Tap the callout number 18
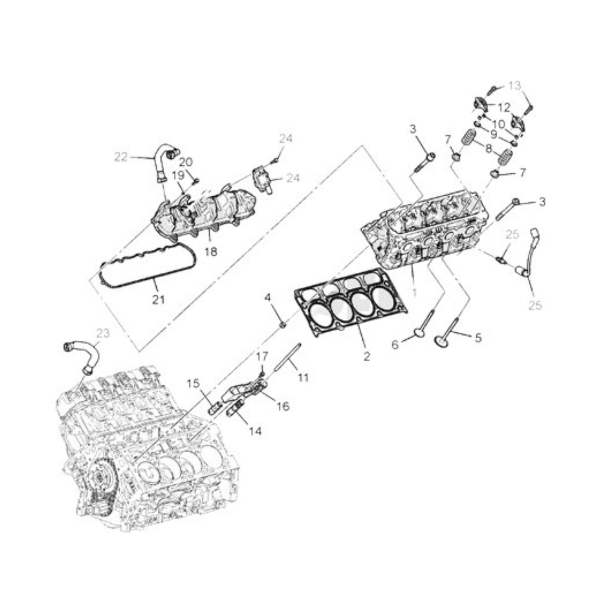tap(211, 252)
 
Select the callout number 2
tap(367, 356)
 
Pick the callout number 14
tap(255, 431)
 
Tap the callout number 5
tap(478, 338)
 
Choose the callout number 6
tap(395, 345)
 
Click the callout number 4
tap(268, 297)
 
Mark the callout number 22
tap(121, 157)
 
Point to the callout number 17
tap(262, 356)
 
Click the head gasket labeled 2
tap(351, 302)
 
